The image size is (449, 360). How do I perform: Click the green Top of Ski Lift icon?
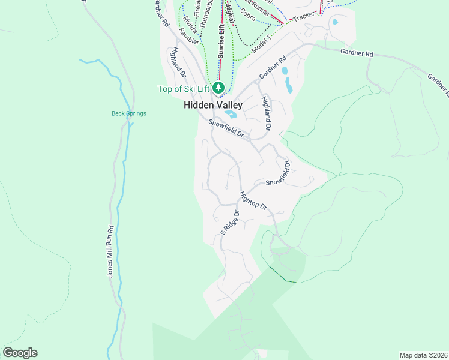[218, 89]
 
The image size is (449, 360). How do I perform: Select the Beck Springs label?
[128, 113]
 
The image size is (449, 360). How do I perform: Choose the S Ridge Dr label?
[229, 222]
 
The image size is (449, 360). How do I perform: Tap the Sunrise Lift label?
[221, 41]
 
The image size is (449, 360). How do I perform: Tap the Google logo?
[20, 353]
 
